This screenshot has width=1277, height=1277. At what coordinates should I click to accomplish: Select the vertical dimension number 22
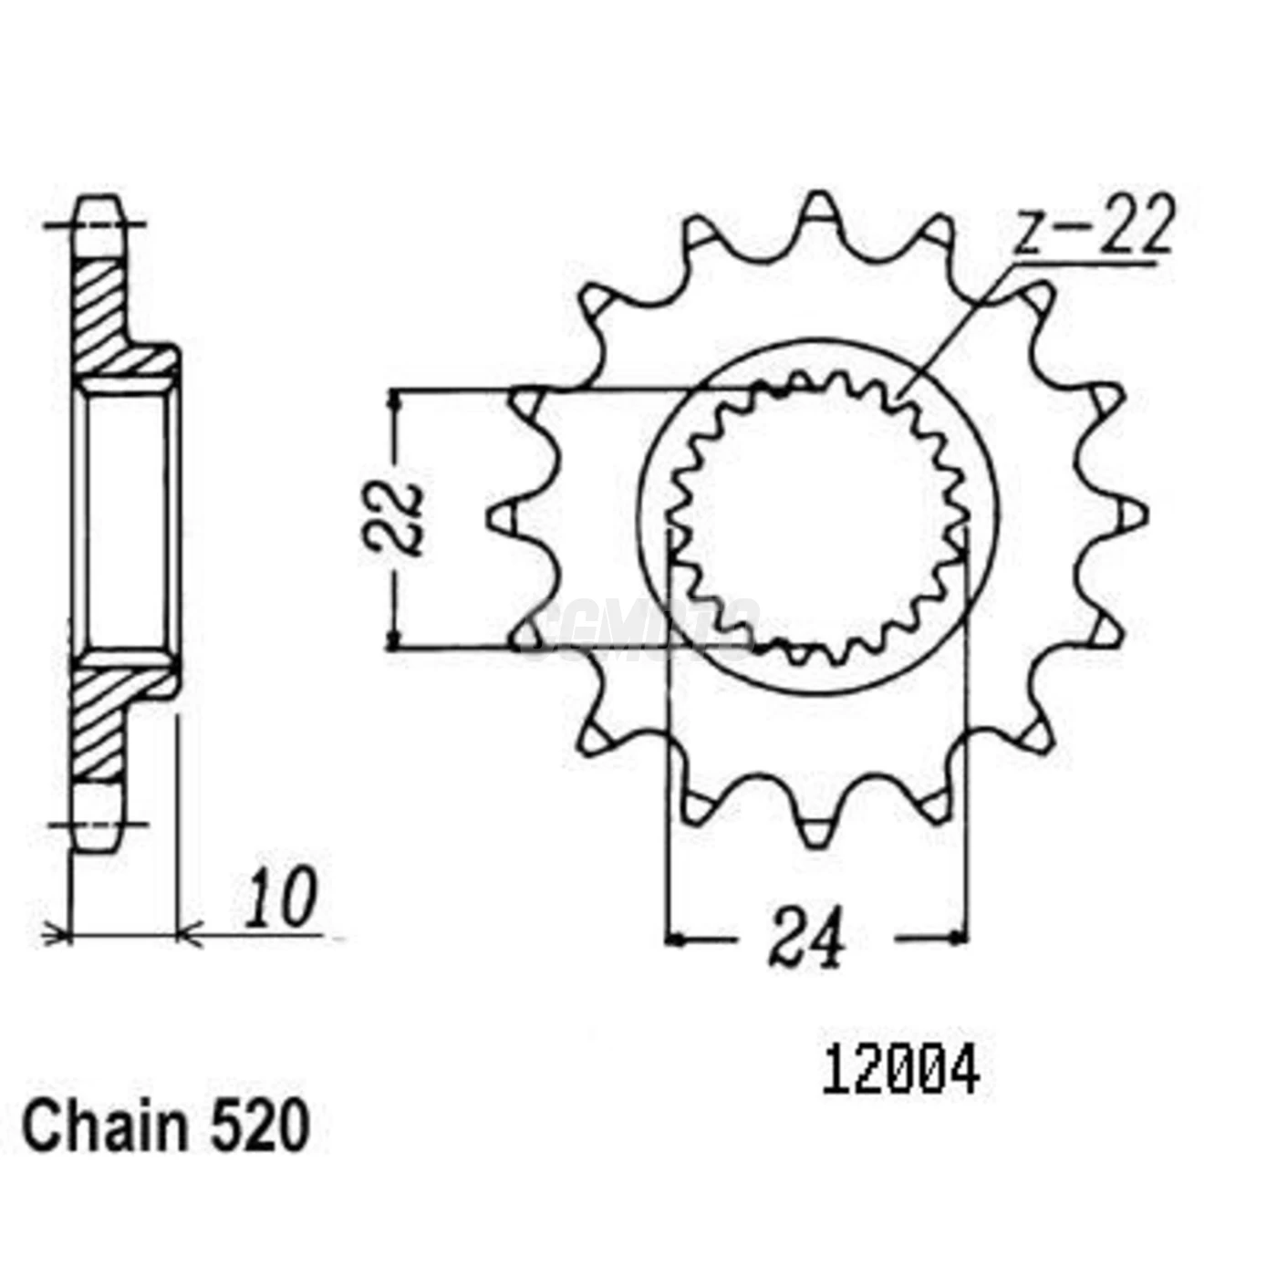click(395, 518)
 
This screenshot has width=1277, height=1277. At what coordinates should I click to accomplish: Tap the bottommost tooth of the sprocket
click(817, 831)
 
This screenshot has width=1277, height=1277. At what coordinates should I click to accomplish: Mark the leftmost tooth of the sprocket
click(503, 516)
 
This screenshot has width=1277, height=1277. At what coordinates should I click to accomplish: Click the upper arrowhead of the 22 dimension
click(394, 400)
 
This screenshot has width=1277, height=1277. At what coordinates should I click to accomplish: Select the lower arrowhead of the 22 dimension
click(394, 640)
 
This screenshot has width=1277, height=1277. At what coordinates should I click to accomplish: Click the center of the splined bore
click(818, 517)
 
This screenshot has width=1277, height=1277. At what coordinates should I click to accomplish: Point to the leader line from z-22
click(958, 328)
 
